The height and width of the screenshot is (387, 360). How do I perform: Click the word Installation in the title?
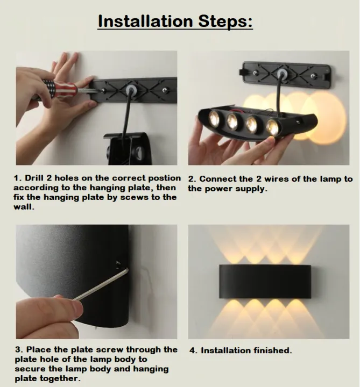[x=145, y=21]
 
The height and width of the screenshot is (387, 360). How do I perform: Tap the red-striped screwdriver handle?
[x=58, y=88]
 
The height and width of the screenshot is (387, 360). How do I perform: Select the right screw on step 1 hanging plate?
[x=164, y=90]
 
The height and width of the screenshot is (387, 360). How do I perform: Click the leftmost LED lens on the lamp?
[x=214, y=118]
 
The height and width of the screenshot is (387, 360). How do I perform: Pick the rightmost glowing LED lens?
[x=272, y=126]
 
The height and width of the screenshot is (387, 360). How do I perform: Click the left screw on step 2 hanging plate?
[x=256, y=73]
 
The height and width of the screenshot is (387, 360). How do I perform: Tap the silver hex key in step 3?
[x=101, y=285]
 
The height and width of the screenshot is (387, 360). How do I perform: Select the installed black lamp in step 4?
[x=265, y=281]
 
